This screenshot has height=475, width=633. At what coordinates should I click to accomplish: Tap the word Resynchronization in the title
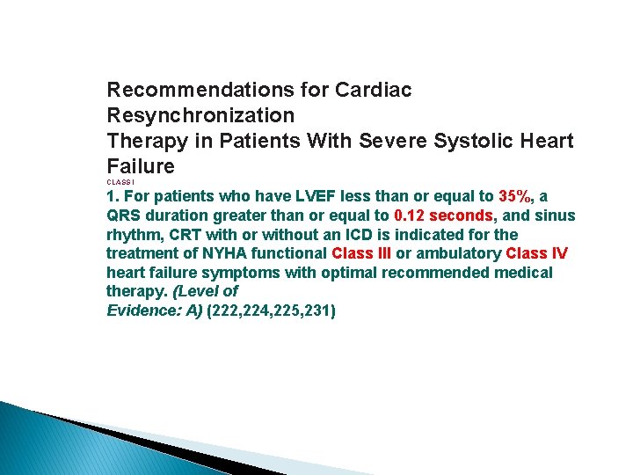pos(200,115)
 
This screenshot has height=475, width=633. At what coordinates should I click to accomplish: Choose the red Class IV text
pos(537,253)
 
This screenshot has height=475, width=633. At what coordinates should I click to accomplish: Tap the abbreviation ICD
pos(374,235)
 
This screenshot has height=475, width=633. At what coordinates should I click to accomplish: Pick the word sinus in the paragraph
pos(556,216)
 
